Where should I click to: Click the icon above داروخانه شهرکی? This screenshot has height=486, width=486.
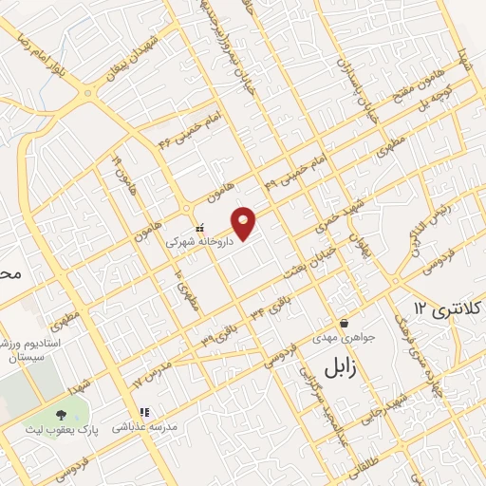[198, 228]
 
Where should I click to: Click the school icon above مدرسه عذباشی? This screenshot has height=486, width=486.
[144, 412]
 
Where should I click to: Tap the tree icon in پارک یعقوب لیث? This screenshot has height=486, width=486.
[62, 415]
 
